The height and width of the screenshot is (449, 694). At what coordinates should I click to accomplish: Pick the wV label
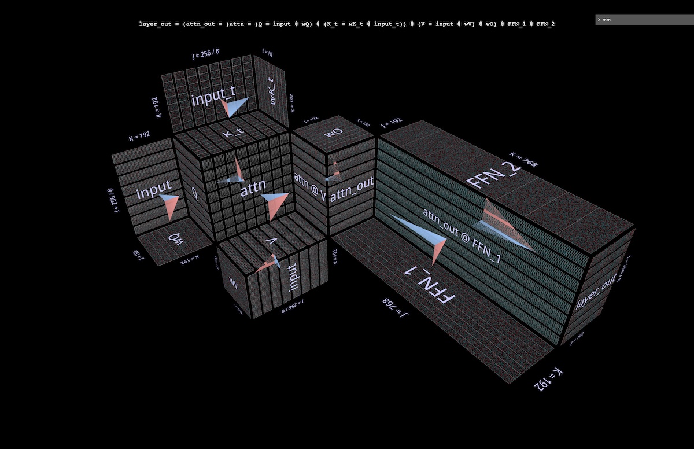point(234,285)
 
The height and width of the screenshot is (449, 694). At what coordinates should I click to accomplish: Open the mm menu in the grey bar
point(606,20)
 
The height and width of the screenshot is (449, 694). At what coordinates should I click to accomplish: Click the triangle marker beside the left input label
point(167,205)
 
